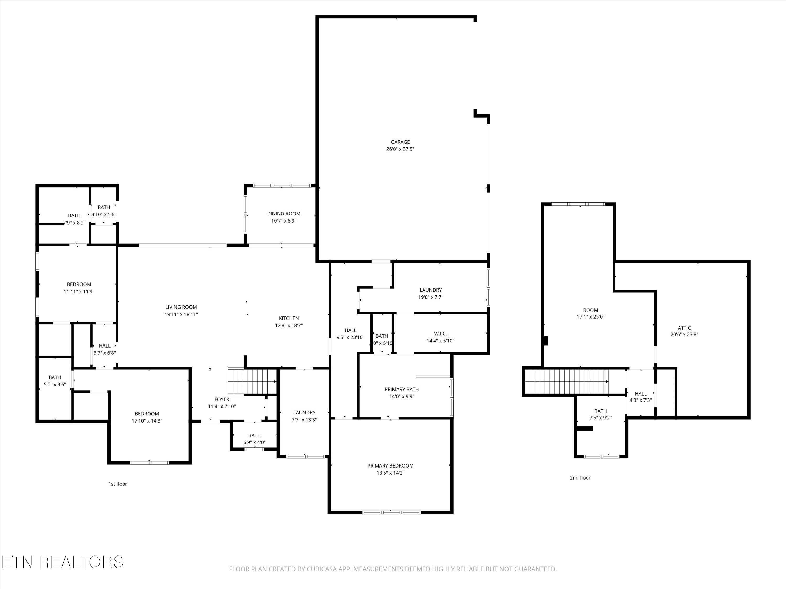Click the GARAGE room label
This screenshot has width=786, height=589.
tap(400, 142)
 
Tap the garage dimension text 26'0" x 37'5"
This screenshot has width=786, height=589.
tap(400, 149)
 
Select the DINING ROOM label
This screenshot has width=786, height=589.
tap(283, 214)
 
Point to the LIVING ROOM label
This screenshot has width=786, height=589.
tap(181, 307)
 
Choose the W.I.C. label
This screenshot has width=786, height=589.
tap(440, 334)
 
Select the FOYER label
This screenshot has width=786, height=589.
tap(222, 399)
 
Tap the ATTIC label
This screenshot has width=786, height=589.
tap(684, 328)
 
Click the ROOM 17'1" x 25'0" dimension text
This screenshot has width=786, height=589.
tap(590, 317)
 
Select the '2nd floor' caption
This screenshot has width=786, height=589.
tap(580, 478)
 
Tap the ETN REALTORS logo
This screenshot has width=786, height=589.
tap(63, 562)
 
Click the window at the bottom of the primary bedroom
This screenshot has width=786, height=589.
tap(391, 512)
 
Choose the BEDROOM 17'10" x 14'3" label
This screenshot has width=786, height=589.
tap(147, 414)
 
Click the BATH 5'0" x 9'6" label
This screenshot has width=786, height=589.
tap(55, 377)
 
